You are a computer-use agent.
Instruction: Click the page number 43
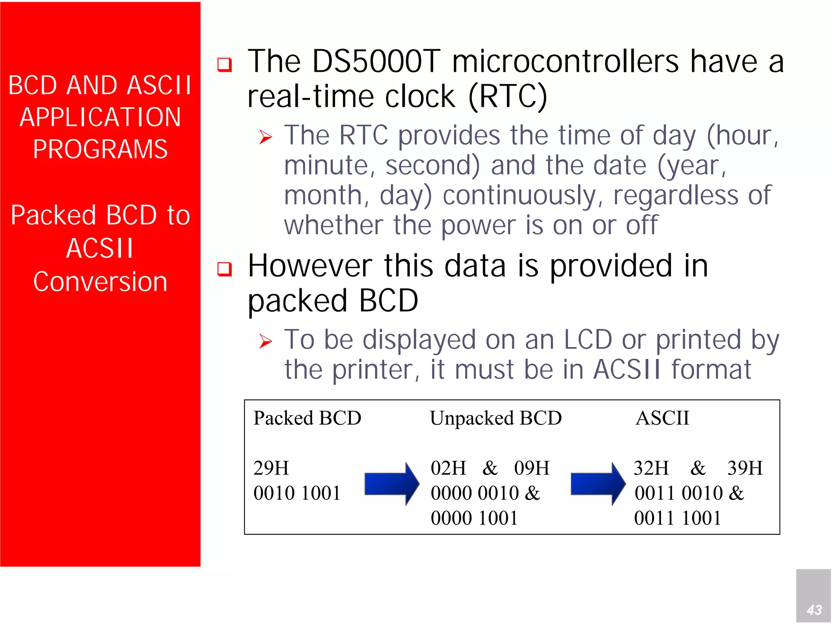814,609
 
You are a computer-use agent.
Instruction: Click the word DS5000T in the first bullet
376,62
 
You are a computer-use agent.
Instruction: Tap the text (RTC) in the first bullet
507,97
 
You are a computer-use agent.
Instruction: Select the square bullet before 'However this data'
224,269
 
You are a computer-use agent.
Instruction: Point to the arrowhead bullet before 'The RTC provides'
265,137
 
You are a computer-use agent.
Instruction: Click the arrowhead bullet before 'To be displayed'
265,341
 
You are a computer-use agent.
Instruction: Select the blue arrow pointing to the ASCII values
598,484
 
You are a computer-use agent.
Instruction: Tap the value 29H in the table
271,468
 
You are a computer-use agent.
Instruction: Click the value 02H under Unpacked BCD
448,468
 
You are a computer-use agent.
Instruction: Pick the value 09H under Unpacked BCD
531,468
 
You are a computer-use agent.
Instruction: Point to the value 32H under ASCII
651,468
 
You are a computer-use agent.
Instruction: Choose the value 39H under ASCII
745,468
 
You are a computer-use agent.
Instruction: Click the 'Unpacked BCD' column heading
496,418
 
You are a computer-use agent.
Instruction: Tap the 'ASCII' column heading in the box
662,418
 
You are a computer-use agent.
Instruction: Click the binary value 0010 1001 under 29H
297,493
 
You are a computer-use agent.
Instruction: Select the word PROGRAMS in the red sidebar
100,149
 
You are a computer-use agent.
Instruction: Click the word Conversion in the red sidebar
100,281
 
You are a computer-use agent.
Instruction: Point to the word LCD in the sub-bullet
588,339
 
